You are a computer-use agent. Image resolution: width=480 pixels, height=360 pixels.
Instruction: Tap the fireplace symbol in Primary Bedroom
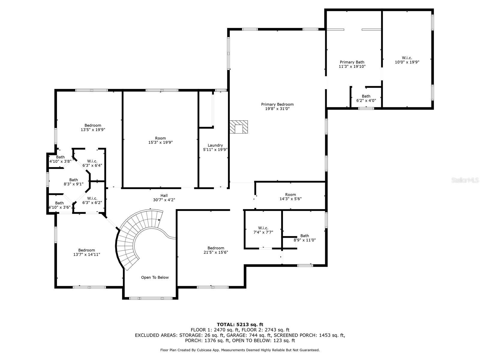tap(239, 127)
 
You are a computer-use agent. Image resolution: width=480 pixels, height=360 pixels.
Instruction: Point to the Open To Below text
tap(155, 277)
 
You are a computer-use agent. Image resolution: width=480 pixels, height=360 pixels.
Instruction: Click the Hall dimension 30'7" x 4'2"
tap(164, 200)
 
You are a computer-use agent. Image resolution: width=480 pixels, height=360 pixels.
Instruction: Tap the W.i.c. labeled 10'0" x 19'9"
tap(407, 60)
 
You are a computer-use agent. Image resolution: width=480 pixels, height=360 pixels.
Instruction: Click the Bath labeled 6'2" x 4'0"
tap(366, 98)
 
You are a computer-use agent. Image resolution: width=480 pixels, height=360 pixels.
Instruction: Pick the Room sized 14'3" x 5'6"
tap(290, 196)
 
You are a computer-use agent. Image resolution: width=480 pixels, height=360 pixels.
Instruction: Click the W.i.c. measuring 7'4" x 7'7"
tap(263, 230)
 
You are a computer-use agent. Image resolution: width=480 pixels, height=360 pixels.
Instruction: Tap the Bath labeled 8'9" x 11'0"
tap(304, 238)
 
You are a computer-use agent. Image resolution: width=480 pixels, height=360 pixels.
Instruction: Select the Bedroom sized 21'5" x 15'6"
tap(216, 250)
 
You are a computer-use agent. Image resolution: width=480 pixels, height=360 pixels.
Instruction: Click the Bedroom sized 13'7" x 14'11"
tap(86, 252)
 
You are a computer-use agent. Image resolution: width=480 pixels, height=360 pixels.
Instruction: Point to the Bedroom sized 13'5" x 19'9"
tap(93, 127)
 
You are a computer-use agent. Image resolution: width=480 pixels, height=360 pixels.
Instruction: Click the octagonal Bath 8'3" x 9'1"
tap(73, 182)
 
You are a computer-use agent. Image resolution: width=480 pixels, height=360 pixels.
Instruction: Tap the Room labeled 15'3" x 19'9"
tap(160, 140)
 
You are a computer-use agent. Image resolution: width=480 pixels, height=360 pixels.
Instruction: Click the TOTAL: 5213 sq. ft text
tap(240, 324)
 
